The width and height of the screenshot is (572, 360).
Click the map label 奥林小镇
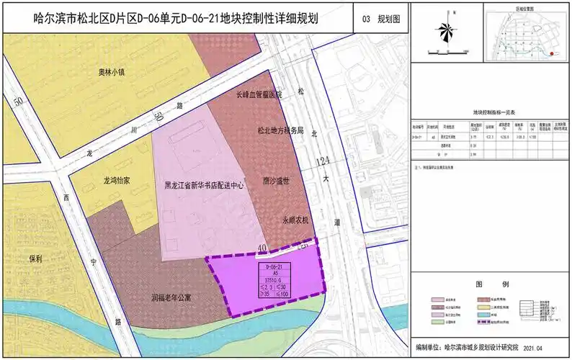point(112,72)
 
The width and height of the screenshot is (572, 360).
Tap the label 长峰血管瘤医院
point(260,94)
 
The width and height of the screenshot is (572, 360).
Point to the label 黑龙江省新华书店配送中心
point(204,185)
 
